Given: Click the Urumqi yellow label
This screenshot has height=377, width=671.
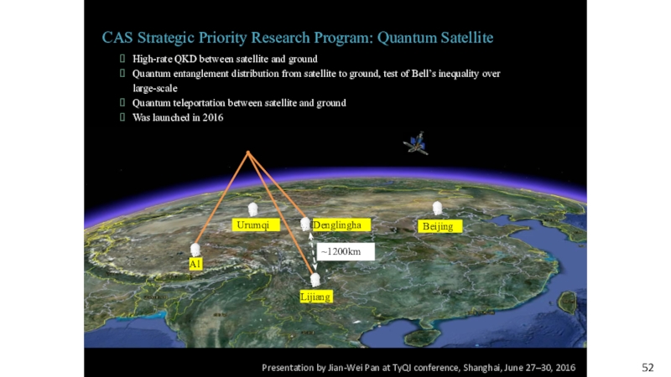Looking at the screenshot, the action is (x=256, y=225).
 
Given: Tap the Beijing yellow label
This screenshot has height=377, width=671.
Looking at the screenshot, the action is (x=440, y=226).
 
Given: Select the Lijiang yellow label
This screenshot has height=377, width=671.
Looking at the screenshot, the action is (x=316, y=297).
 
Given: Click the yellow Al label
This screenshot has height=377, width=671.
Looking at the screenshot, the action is (x=195, y=264).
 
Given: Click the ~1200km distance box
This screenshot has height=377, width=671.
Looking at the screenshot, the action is (x=346, y=252).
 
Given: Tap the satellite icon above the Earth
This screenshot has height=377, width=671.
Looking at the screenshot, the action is (x=415, y=143).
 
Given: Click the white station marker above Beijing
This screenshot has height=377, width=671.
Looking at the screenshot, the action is (x=437, y=208).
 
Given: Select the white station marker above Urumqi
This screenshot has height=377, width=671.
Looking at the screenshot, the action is (x=253, y=209).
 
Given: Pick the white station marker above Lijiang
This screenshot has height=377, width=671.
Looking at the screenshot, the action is (x=315, y=280).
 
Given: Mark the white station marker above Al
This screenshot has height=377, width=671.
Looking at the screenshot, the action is (x=195, y=250).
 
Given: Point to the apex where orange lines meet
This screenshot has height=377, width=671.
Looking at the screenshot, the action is (x=247, y=152).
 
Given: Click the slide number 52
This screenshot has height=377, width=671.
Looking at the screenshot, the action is (x=648, y=368).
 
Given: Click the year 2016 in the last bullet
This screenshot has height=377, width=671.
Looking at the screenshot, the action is (x=213, y=117).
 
